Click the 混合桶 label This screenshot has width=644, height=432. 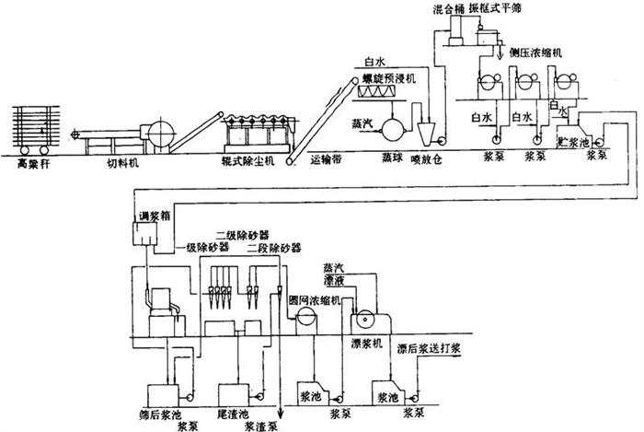(448, 8)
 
